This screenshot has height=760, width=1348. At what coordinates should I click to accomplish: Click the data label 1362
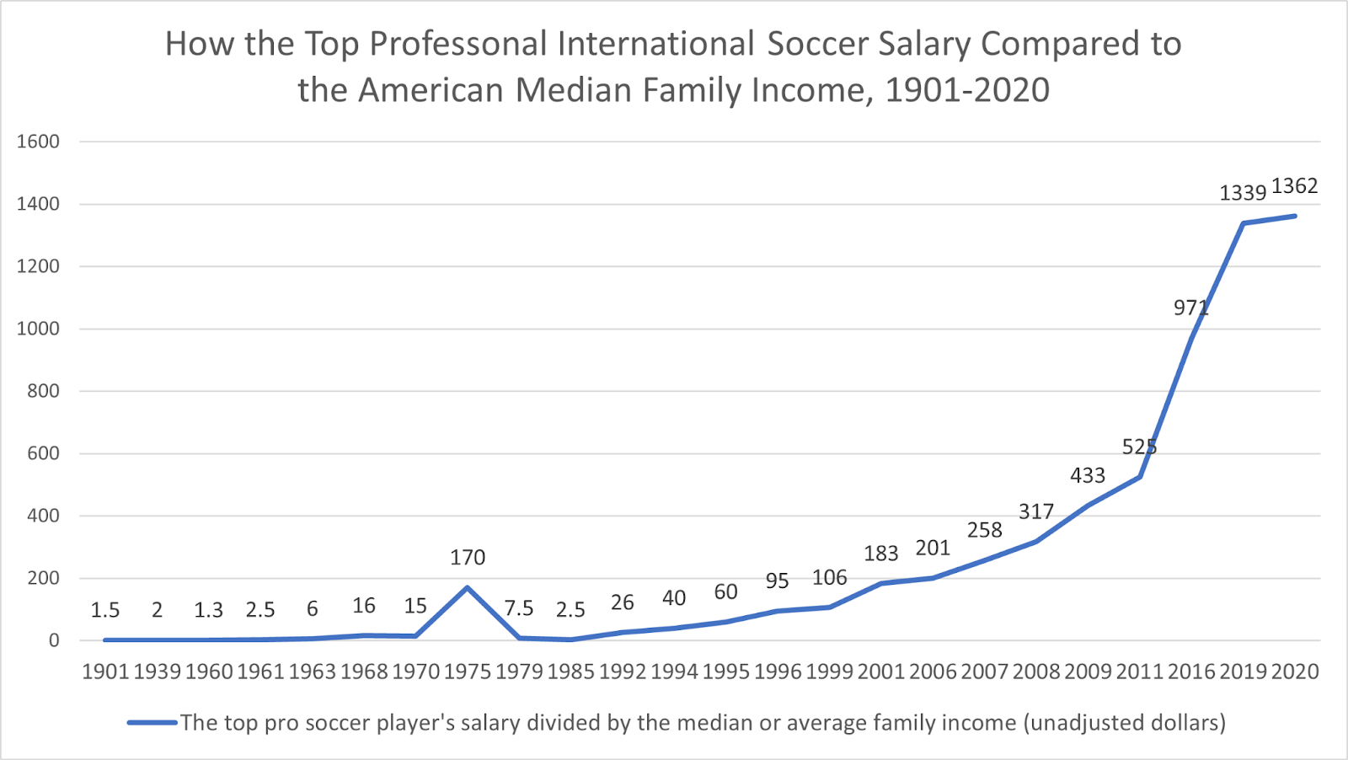[1294, 186]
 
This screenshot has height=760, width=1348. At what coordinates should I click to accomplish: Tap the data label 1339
[1243, 193]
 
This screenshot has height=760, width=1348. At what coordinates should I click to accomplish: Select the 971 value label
[1190, 308]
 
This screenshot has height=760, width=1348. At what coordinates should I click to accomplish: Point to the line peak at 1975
[468, 587]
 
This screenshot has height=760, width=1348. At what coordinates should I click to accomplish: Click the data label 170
[468, 558]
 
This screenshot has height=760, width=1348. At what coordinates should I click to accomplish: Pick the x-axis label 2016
[1191, 672]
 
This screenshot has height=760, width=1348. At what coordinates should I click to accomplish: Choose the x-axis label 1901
[105, 672]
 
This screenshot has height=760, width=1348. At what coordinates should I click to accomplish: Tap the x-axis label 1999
[830, 672]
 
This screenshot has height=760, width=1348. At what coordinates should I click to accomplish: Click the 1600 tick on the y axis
[39, 142]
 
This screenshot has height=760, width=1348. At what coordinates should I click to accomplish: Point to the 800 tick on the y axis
[44, 391]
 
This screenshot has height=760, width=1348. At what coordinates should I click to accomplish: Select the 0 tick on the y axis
[54, 640]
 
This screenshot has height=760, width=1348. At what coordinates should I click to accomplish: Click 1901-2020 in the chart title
[967, 90]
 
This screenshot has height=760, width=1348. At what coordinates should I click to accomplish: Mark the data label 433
[1088, 476]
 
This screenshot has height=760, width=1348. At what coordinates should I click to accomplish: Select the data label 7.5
[519, 609]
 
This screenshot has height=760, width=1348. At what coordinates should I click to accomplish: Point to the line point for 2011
[1139, 477]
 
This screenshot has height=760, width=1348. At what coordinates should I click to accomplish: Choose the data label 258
[984, 531]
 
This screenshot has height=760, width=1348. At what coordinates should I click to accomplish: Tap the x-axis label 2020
[1294, 672]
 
